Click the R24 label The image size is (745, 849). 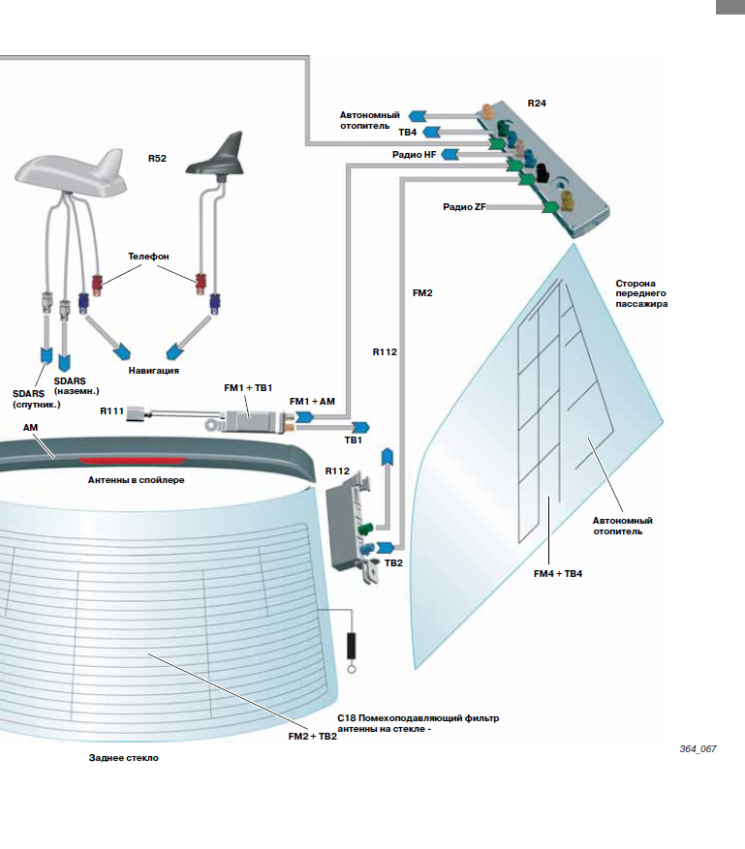click(537, 102)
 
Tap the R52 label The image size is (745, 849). click(157, 157)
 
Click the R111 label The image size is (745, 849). click(111, 411)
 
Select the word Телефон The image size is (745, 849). click(148, 256)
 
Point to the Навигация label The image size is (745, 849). click(154, 370)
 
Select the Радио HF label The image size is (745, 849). click(415, 154)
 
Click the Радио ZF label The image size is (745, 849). click(464, 206)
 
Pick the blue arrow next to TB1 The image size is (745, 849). click(359, 426)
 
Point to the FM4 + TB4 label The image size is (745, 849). click(558, 573)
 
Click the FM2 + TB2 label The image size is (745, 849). click(312, 736)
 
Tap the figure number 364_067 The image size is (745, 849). click(697, 749)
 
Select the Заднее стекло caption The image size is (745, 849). click(123, 758)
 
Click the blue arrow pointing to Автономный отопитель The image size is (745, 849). click(419, 116)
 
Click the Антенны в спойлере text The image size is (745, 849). click(136, 479)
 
